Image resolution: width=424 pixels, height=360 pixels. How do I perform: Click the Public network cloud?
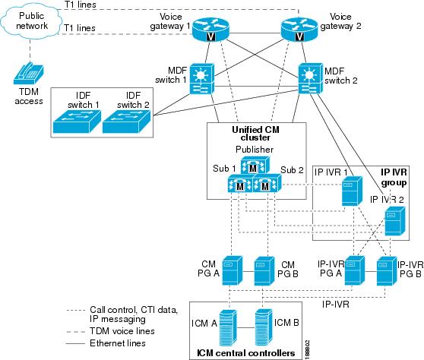(x=31, y=21)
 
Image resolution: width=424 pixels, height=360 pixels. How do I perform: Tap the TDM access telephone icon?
(x=29, y=74)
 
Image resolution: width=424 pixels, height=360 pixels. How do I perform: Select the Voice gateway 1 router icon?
(x=210, y=29)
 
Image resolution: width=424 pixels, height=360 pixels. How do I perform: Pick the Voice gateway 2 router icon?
(x=299, y=29)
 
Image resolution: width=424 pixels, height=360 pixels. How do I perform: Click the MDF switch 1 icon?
(x=202, y=79)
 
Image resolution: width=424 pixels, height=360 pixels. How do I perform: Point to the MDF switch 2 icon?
(x=311, y=78)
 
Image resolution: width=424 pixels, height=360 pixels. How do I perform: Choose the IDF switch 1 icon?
(x=77, y=122)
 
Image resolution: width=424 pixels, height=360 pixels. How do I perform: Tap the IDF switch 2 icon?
(x=127, y=122)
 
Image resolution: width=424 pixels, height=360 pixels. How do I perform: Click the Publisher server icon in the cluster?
(x=255, y=166)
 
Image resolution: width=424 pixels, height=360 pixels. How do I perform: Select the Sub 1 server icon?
(x=240, y=183)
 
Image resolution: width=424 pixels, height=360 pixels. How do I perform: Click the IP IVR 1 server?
(x=352, y=191)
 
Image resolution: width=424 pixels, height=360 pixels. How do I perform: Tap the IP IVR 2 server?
(x=395, y=221)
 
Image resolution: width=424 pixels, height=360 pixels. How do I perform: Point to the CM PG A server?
(x=233, y=270)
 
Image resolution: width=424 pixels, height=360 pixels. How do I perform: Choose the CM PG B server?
(x=264, y=271)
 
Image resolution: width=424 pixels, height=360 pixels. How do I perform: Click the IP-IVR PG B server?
(x=387, y=271)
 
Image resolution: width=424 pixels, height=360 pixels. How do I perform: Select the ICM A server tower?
(x=228, y=327)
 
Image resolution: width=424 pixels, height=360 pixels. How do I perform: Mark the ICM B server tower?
(x=264, y=327)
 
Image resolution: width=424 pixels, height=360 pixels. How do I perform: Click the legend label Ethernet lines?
(x=118, y=343)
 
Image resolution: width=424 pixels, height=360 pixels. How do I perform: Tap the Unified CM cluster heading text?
(x=255, y=134)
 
